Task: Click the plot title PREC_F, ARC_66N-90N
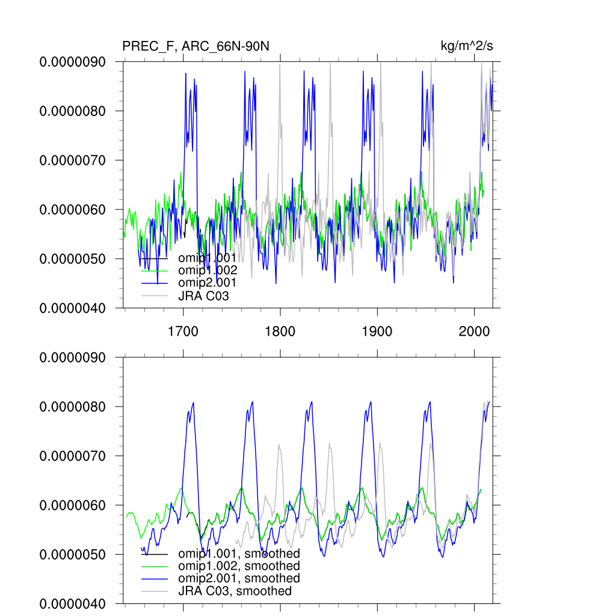196,46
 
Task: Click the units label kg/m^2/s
467,46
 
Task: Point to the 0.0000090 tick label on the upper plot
72,62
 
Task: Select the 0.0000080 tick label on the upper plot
72,111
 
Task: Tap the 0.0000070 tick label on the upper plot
72,161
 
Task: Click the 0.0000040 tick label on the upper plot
72,308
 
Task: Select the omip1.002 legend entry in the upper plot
208,270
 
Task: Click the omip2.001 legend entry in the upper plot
208,283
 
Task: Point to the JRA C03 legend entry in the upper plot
203,296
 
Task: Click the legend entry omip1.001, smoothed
239,553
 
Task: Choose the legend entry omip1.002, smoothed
239,566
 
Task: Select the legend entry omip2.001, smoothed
239,578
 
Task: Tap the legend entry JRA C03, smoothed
235,591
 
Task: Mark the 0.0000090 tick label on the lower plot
72,357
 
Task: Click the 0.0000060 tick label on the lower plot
72,505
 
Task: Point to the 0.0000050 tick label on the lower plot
72,555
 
